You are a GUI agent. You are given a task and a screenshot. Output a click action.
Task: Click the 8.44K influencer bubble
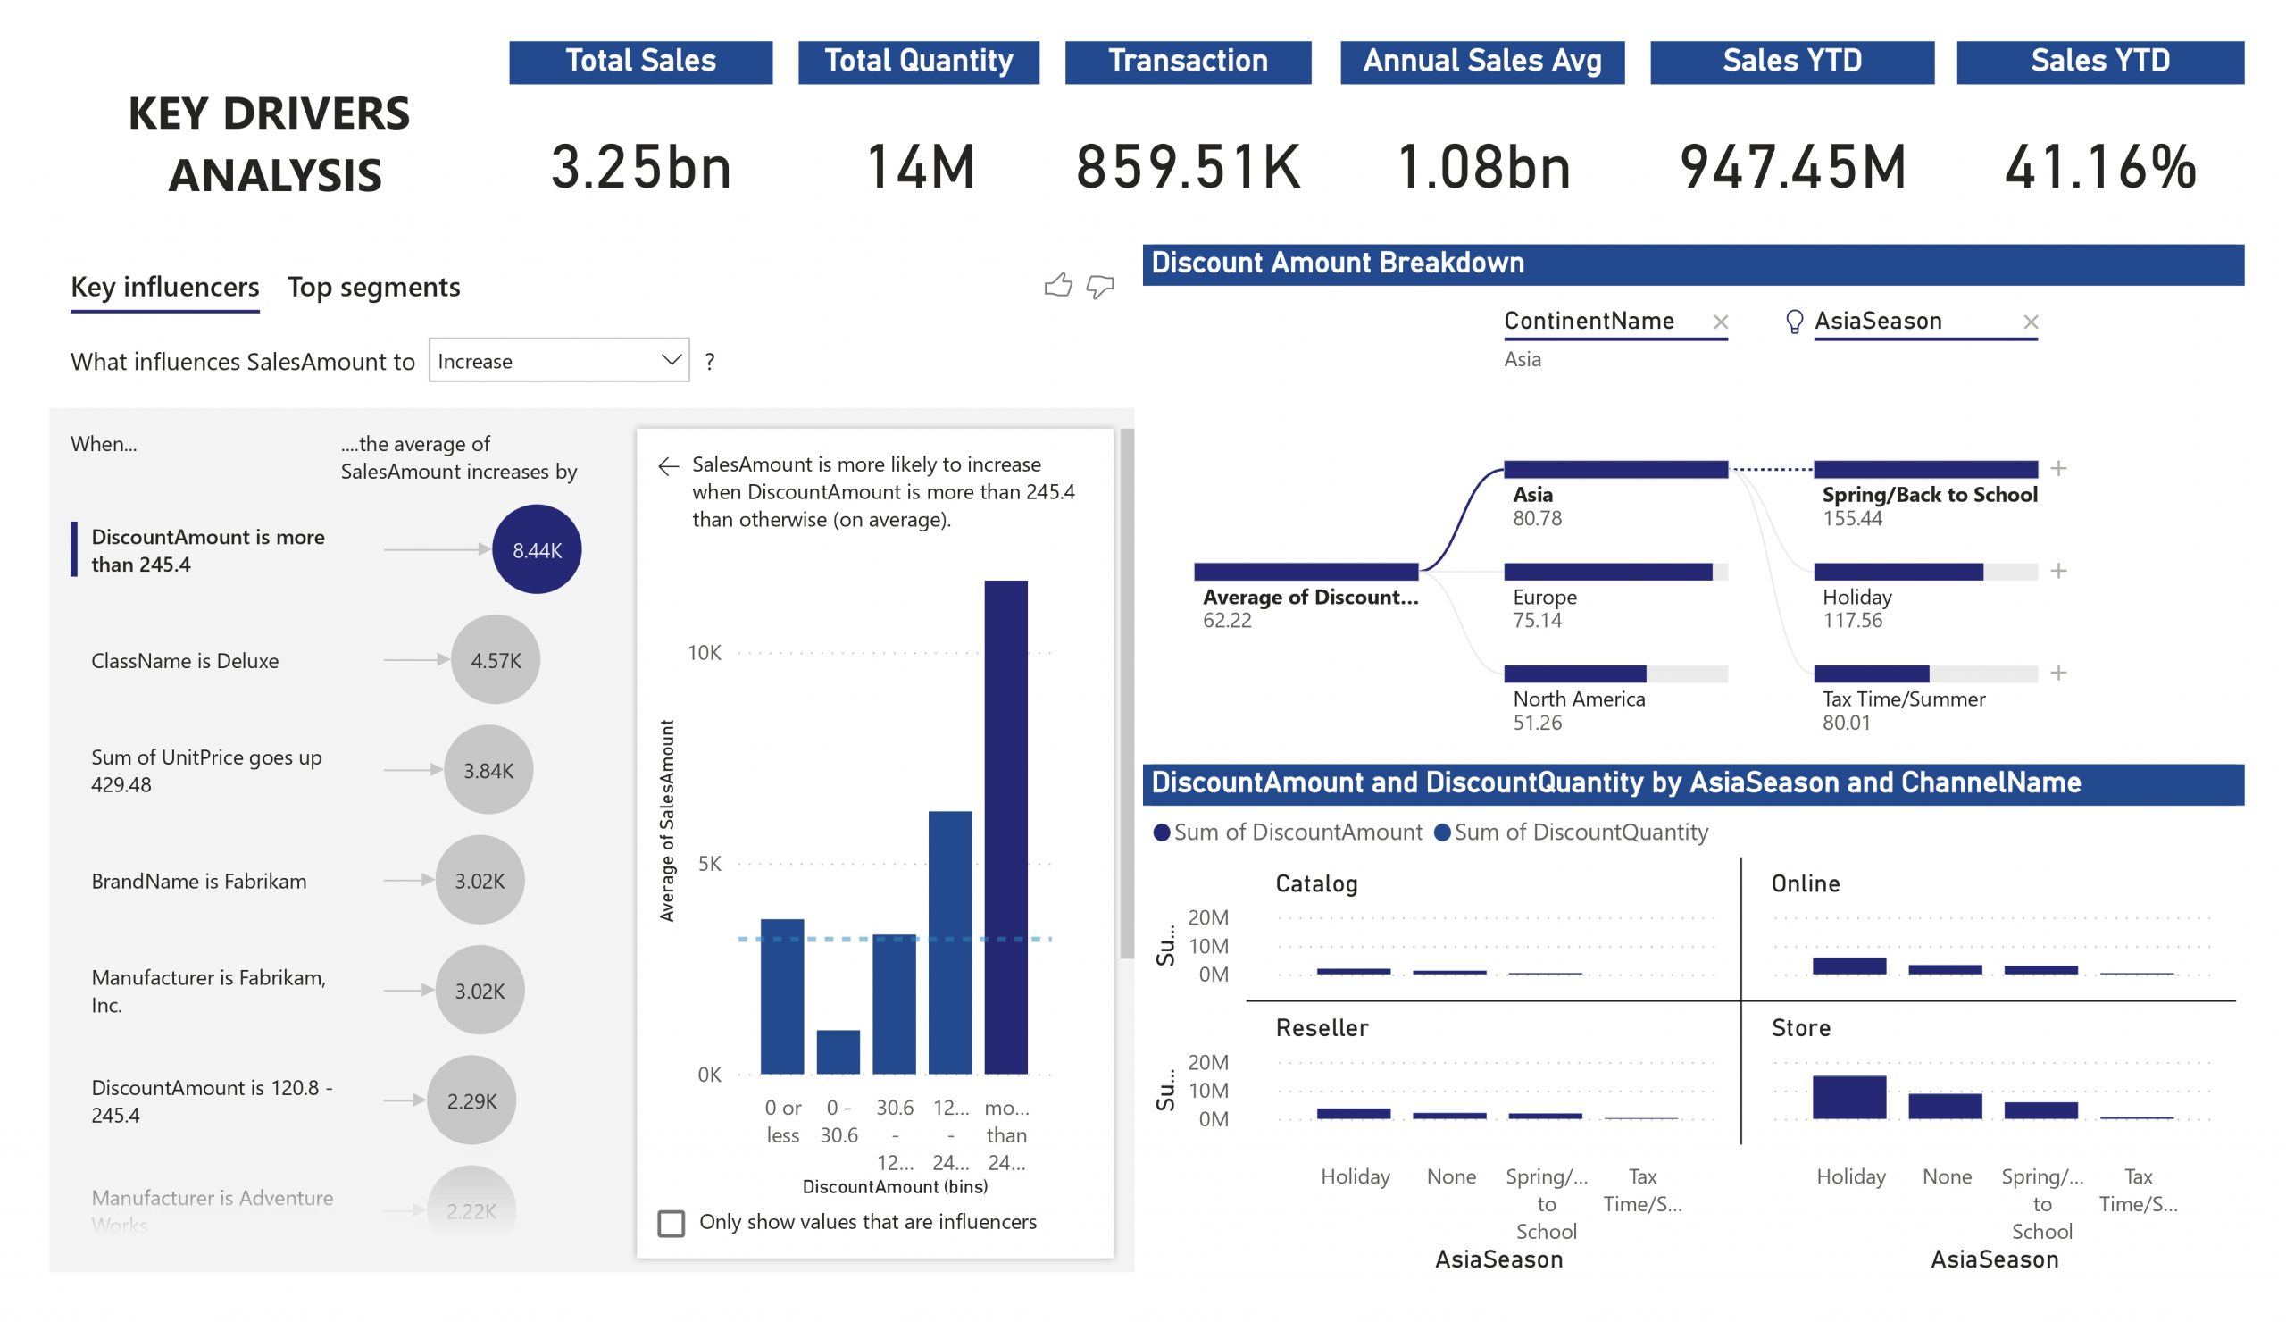point(536,549)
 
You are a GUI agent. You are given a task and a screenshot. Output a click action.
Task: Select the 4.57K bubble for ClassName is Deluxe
point(496,659)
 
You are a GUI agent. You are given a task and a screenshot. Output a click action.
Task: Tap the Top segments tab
point(374,287)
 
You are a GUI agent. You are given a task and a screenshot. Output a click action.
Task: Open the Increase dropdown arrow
point(671,360)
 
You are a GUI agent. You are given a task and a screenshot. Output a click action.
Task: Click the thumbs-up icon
point(1058,286)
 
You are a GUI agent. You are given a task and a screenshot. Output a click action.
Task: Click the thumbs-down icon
point(1099,287)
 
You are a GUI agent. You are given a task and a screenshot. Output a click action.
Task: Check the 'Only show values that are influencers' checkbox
point(672,1223)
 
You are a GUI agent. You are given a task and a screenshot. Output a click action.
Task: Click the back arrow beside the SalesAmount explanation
point(669,466)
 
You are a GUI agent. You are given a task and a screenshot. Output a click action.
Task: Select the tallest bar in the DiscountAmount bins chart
point(1006,825)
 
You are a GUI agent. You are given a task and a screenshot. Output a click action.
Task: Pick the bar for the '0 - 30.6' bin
point(838,1051)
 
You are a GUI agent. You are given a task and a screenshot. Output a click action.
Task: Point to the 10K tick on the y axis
point(704,653)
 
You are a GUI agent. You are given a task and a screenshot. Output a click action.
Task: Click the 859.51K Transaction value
point(1188,168)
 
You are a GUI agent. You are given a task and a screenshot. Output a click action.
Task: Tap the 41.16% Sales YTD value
point(2100,168)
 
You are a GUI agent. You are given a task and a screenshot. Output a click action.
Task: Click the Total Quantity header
point(918,62)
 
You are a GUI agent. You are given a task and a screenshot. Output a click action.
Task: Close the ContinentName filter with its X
point(1721,322)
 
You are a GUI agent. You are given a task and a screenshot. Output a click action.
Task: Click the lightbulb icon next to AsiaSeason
point(1793,322)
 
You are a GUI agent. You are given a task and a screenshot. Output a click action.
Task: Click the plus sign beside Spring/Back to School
point(2058,468)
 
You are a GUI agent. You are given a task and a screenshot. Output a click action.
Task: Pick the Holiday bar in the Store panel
point(1848,1097)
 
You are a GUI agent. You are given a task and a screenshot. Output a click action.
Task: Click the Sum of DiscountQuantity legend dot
point(1441,833)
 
